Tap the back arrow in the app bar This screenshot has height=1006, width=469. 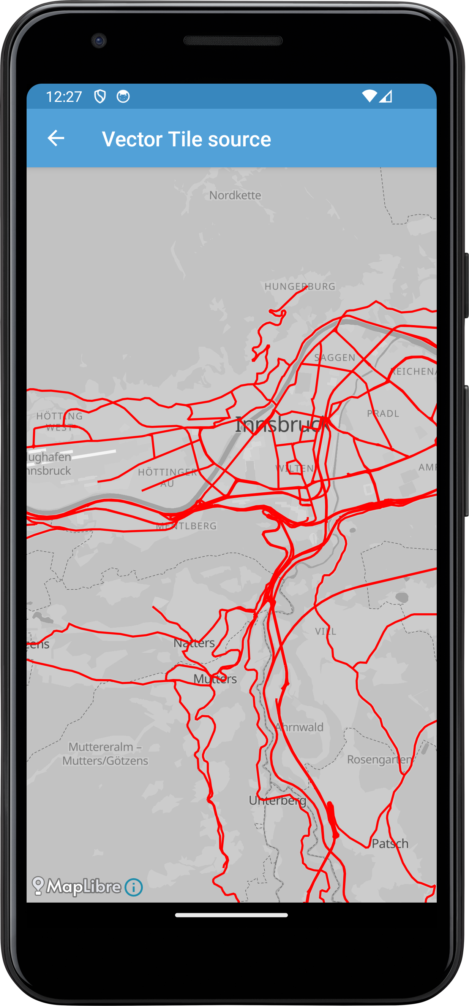click(56, 138)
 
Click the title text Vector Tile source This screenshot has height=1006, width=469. click(186, 139)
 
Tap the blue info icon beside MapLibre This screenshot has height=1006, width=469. click(133, 887)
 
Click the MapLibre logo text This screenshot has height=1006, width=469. click(83, 887)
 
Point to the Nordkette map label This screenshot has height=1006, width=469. click(235, 195)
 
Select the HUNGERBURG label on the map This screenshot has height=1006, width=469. click(300, 286)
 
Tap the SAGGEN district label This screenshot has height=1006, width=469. click(335, 357)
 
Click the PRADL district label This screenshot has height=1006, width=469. click(383, 414)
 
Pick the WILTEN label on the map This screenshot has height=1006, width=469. click(295, 468)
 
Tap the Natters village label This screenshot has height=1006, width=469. click(194, 643)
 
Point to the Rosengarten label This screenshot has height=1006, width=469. click(379, 760)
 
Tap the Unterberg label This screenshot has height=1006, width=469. click(278, 800)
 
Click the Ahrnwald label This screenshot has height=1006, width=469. click(299, 727)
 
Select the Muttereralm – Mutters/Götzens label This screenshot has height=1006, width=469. click(105, 754)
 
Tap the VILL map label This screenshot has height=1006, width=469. click(325, 632)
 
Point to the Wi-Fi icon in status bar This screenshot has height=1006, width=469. click(369, 96)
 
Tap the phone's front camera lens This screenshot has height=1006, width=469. click(99, 41)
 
